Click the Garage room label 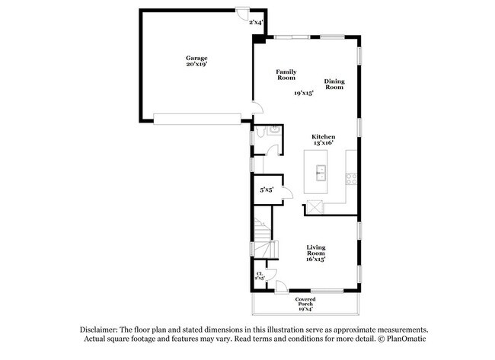(196, 58)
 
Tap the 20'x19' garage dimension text (196, 65)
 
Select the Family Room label (286, 75)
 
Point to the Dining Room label (334, 84)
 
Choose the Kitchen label (323, 137)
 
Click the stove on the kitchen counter (352, 180)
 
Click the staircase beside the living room (263, 236)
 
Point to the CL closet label (260, 276)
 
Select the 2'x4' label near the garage (256, 23)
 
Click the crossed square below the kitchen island (314, 206)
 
